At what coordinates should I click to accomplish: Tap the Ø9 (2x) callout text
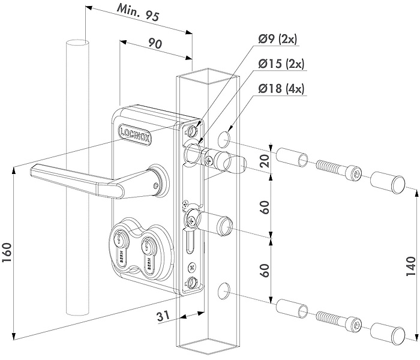pyautogui.click(x=277, y=40)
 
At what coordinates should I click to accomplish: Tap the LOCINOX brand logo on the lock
pyautogui.click(x=135, y=130)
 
